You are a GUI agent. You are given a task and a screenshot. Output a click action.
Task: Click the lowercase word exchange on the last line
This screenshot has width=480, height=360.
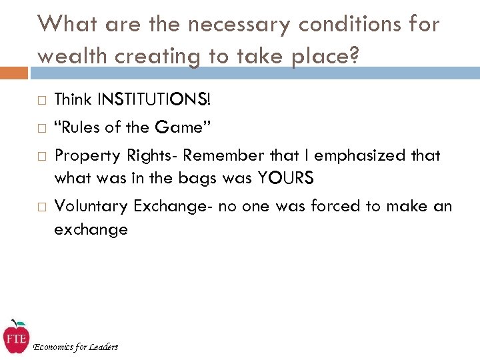click(91, 230)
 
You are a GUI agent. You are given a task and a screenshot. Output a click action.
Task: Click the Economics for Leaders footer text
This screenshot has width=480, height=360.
click(75, 347)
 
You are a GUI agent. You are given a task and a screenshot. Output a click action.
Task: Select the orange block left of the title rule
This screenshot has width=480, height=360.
click(14, 72)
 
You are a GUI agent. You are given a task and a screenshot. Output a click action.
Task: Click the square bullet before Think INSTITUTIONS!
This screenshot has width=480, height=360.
click(41, 101)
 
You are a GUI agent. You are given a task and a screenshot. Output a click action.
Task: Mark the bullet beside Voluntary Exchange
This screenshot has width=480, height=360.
click(41, 207)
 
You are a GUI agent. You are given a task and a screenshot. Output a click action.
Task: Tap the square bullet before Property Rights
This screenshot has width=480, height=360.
click(41, 156)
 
